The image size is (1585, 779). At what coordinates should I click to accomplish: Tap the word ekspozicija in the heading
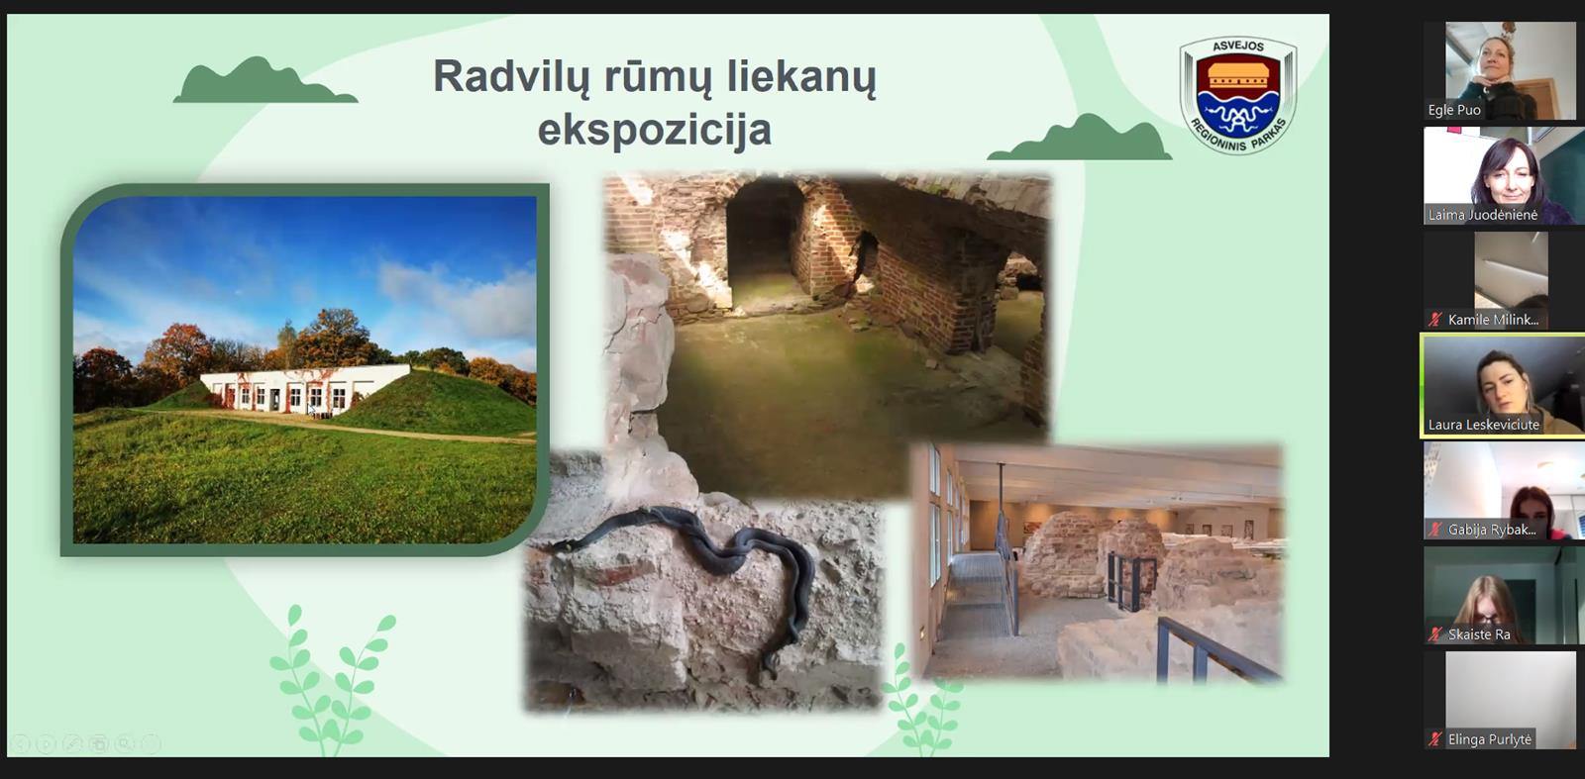tap(655, 130)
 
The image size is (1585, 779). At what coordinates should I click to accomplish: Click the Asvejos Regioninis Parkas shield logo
tap(1238, 95)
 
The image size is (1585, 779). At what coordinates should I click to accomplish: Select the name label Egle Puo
tap(1454, 110)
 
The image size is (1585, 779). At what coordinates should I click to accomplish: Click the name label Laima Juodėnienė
tap(1482, 215)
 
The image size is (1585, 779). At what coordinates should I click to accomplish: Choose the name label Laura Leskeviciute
tap(1483, 425)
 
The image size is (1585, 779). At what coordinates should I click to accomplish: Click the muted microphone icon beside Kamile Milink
tap(1435, 320)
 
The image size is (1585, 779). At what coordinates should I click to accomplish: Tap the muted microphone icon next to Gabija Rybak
tap(1435, 530)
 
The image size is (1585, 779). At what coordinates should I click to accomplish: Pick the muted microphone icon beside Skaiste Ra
tap(1435, 634)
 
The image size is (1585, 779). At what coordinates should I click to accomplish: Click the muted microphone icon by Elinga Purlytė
tap(1435, 739)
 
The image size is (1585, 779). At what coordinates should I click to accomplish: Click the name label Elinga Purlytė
tap(1490, 739)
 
